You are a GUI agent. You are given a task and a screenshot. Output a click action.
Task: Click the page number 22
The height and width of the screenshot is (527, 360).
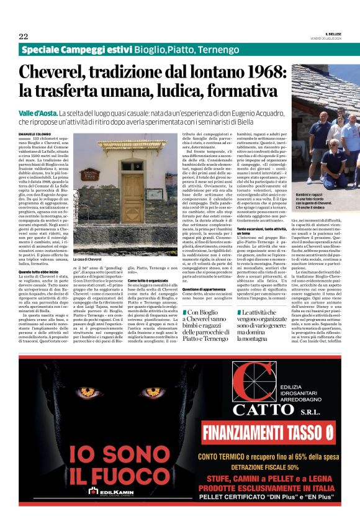point(24,36)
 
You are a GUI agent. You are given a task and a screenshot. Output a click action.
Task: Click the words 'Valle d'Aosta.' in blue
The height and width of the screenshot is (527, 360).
point(38,114)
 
